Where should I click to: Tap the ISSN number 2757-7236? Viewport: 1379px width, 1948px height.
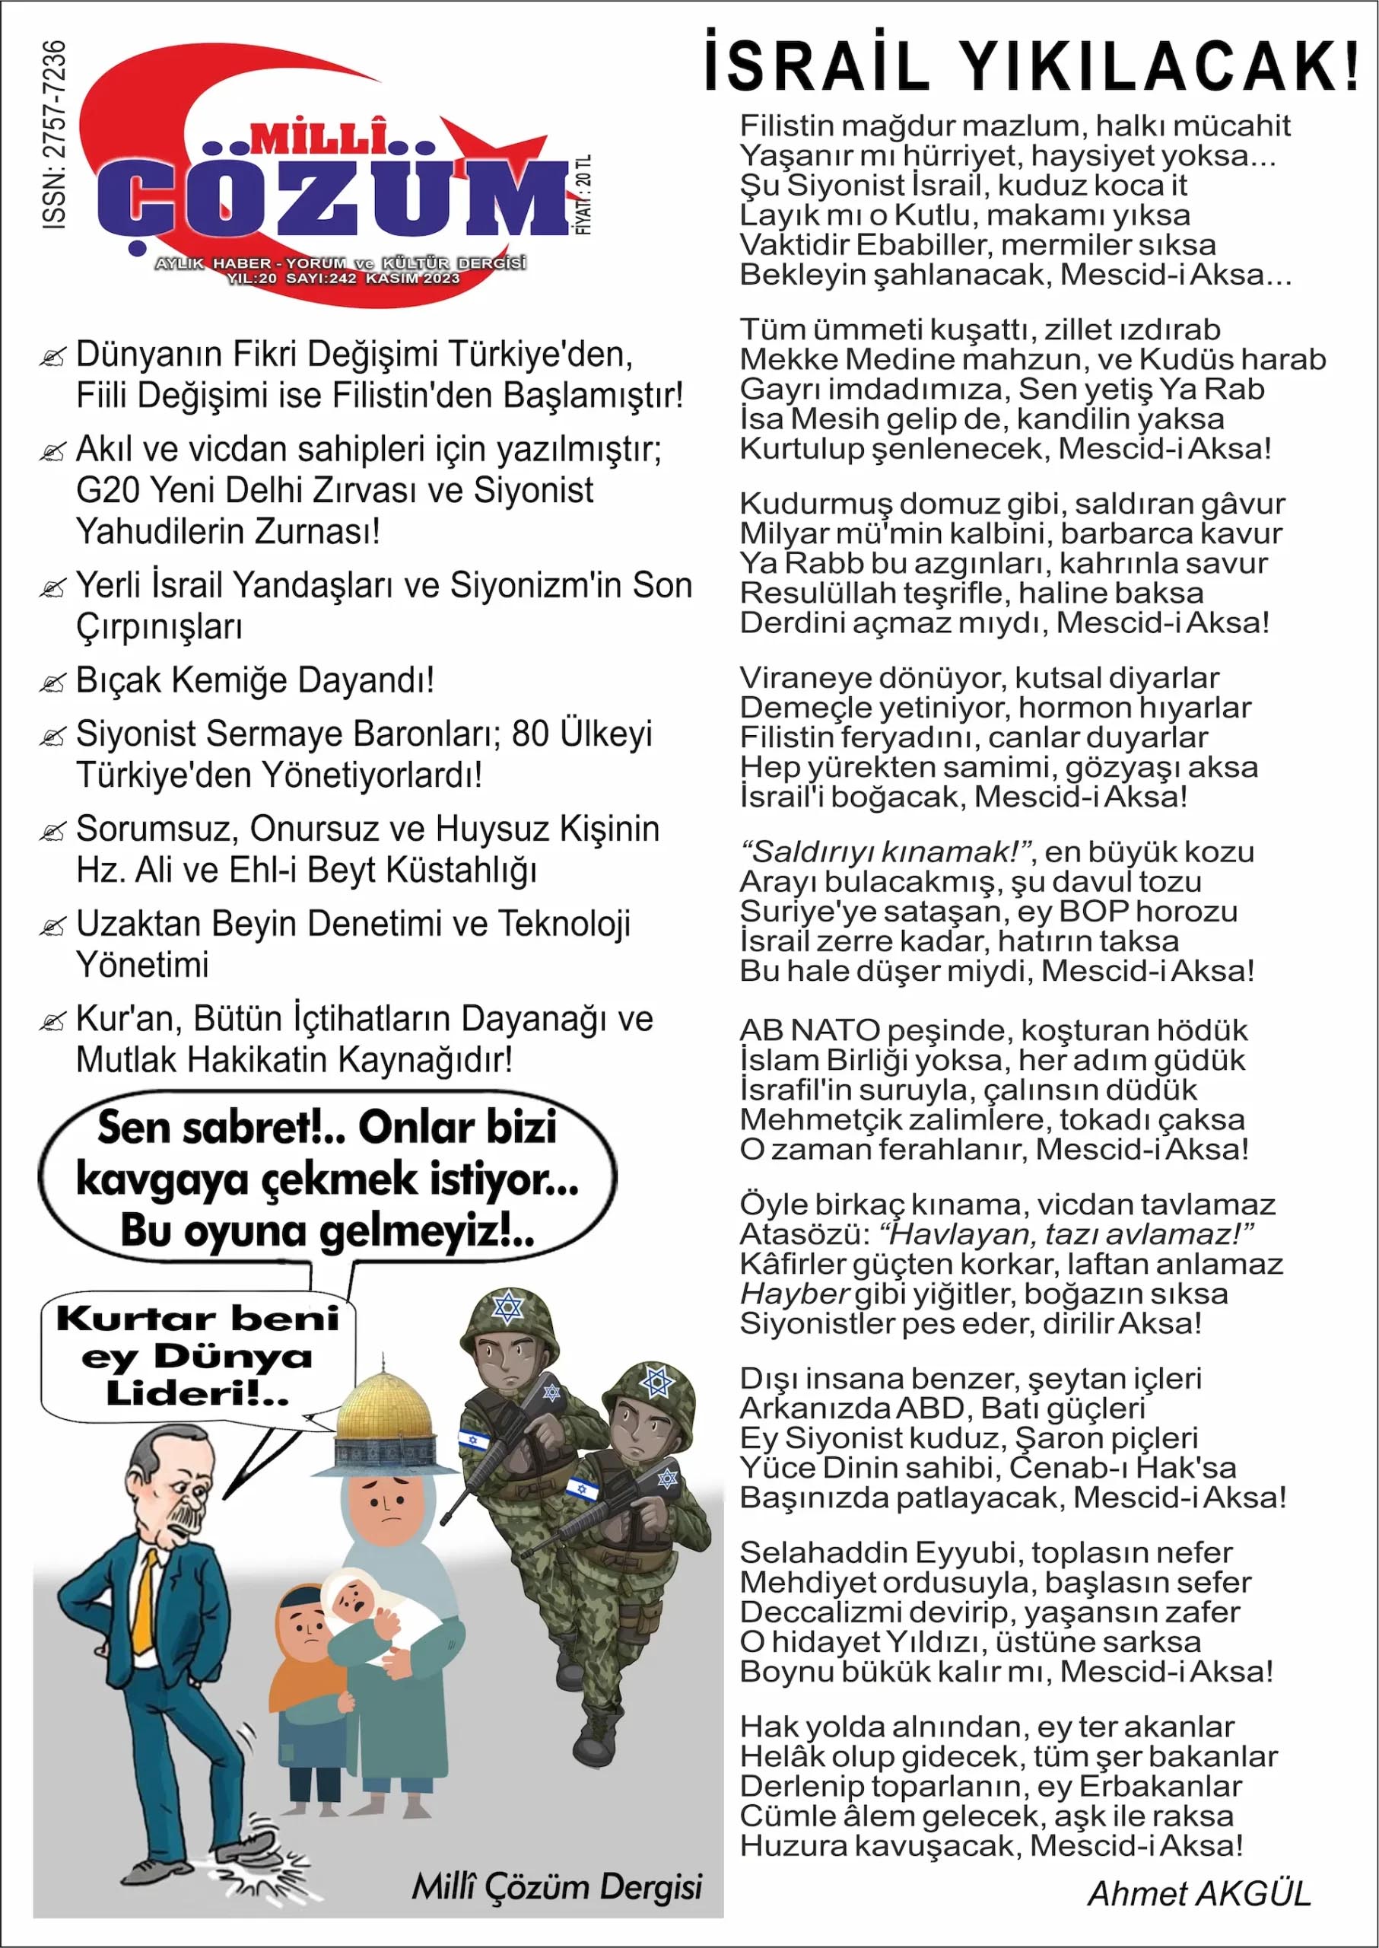[53, 134]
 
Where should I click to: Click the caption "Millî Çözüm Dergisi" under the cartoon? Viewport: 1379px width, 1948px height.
[556, 1886]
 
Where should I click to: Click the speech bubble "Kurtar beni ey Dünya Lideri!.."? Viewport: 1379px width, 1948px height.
[198, 1357]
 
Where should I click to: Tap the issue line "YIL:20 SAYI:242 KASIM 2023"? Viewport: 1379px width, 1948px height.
[343, 278]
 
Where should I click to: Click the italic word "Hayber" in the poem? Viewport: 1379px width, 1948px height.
[794, 1294]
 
